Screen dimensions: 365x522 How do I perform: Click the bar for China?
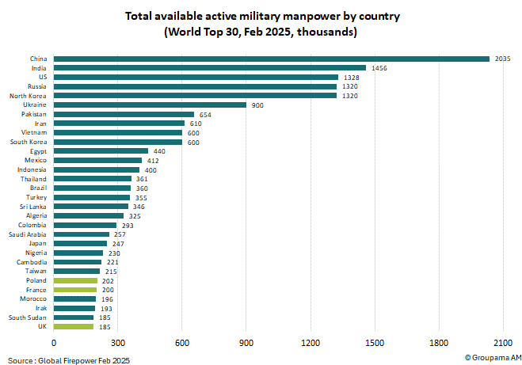(271, 59)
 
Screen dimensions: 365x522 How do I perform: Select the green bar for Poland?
(75, 280)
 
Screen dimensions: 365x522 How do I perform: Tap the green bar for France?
(75, 290)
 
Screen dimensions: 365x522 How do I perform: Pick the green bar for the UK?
(74, 326)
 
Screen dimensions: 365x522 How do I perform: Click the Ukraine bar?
(150, 105)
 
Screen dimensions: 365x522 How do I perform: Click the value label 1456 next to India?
(379, 68)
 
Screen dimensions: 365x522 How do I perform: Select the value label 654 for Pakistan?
(205, 114)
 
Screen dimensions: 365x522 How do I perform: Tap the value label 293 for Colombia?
(128, 225)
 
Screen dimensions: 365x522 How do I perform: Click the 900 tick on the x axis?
(246, 343)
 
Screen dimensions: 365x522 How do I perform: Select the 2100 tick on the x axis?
(502, 343)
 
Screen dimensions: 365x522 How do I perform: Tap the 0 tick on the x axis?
(54, 343)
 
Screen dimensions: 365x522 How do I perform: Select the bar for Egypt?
(101, 150)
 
